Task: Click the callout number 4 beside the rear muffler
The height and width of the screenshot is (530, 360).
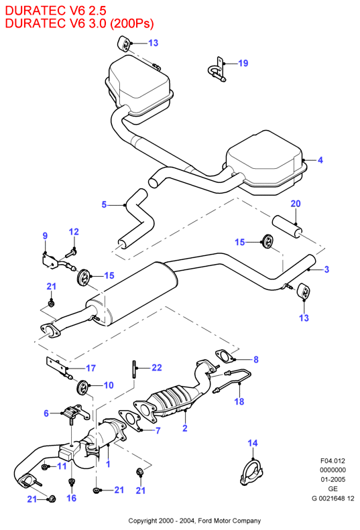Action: click(x=320, y=160)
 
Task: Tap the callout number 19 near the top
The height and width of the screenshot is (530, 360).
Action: click(x=243, y=63)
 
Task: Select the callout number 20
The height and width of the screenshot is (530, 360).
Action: click(x=296, y=204)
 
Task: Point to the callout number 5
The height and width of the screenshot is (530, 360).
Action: click(x=104, y=204)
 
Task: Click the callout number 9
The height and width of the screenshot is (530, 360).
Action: click(x=46, y=236)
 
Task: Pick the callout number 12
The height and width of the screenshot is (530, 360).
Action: click(x=74, y=232)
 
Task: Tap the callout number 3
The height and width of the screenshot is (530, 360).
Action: click(x=326, y=269)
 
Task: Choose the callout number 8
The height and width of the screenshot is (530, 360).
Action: click(x=256, y=360)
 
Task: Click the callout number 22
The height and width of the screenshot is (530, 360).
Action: click(x=157, y=367)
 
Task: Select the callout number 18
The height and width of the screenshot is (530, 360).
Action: click(x=239, y=401)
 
